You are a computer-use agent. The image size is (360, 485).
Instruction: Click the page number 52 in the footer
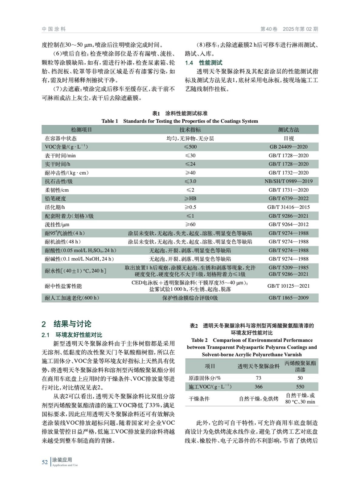(x=45, y=462)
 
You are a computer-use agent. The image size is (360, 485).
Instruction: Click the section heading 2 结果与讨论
(x=66, y=324)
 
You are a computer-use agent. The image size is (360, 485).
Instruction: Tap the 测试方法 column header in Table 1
(x=288, y=130)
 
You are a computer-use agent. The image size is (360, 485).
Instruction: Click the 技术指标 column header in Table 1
(x=190, y=130)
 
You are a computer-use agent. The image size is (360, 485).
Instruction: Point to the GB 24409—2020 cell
(x=288, y=147)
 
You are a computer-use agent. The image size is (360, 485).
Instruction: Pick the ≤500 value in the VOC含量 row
(x=190, y=147)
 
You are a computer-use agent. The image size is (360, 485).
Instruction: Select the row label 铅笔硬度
(x=56, y=199)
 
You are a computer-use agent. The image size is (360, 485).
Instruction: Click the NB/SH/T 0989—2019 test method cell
(x=288, y=181)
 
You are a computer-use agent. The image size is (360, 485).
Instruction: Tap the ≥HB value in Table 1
(x=190, y=199)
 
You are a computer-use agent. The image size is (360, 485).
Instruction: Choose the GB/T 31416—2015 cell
(x=288, y=207)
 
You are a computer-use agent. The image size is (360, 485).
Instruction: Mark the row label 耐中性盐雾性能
(x=63, y=286)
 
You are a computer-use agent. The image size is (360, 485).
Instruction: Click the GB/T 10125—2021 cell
(x=288, y=286)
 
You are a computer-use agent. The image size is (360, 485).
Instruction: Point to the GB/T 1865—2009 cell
(x=288, y=298)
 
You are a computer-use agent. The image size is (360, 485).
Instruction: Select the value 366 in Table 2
(x=258, y=386)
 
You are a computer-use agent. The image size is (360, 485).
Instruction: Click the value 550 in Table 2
(x=300, y=386)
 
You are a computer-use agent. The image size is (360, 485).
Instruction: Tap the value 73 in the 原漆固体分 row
(x=258, y=378)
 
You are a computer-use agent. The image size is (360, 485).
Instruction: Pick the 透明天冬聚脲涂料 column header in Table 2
(x=258, y=366)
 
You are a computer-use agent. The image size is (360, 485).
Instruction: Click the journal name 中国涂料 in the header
(x=54, y=29)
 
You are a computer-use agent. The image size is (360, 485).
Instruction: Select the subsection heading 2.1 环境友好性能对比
(x=72, y=335)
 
